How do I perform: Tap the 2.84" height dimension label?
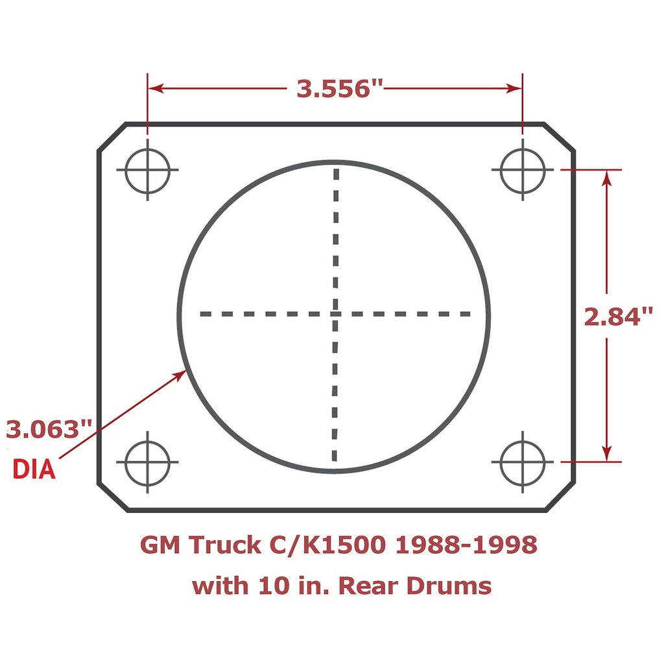[x=617, y=317]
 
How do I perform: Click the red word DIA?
[x=34, y=469]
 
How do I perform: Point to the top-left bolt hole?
[x=147, y=170]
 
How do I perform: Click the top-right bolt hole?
[x=523, y=170]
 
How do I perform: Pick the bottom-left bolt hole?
[x=147, y=462]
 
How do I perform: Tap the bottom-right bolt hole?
[x=523, y=462]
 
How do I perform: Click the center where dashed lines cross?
[x=335, y=314]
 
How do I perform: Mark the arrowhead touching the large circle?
[x=181, y=373]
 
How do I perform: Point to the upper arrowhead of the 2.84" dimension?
[x=607, y=178]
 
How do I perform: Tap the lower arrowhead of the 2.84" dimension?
[x=607, y=453]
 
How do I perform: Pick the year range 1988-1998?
[x=466, y=545]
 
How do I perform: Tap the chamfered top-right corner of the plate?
[x=559, y=137]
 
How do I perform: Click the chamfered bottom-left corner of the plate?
[x=112, y=497]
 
